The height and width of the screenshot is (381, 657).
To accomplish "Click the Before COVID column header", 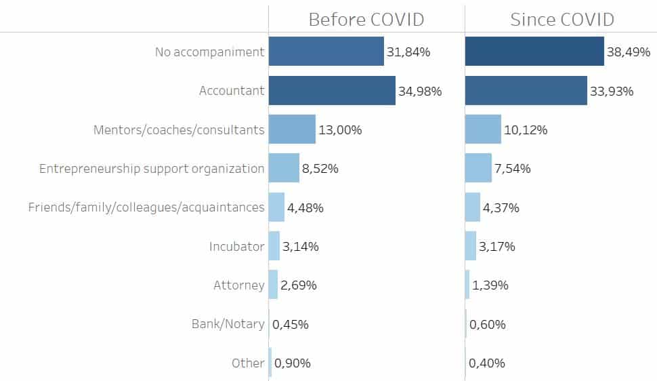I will point(366,19).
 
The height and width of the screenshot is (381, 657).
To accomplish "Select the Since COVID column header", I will point(562,19).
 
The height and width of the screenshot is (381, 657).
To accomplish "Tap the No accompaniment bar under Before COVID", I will point(326,52).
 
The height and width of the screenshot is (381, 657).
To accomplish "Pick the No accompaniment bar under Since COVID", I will point(534,52).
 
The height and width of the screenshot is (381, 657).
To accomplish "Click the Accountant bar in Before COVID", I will point(332,91).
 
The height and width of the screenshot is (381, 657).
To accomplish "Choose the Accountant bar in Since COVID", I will point(526,91).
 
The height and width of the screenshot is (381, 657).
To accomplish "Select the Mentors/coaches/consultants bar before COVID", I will point(292,129).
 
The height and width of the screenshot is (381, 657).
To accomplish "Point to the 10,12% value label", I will point(526,130).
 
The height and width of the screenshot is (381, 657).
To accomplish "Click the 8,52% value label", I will point(320,169).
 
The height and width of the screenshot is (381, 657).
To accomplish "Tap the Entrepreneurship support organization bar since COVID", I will point(478,168).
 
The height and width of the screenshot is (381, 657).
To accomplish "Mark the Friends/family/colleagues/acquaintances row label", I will point(146,207).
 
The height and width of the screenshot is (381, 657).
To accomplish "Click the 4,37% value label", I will point(501,208).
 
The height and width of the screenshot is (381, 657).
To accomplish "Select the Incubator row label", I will point(236,246).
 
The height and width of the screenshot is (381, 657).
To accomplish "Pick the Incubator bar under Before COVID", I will point(274,246).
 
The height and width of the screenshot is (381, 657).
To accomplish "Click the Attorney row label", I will point(238,285).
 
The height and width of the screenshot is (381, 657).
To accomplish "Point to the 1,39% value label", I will point(490,285).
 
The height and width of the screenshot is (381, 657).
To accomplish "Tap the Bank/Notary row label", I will point(228,324).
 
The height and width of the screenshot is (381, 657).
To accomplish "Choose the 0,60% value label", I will point(487,325).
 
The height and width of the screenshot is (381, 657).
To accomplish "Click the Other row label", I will point(248,363).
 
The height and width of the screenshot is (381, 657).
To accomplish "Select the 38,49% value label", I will point(629,52).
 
